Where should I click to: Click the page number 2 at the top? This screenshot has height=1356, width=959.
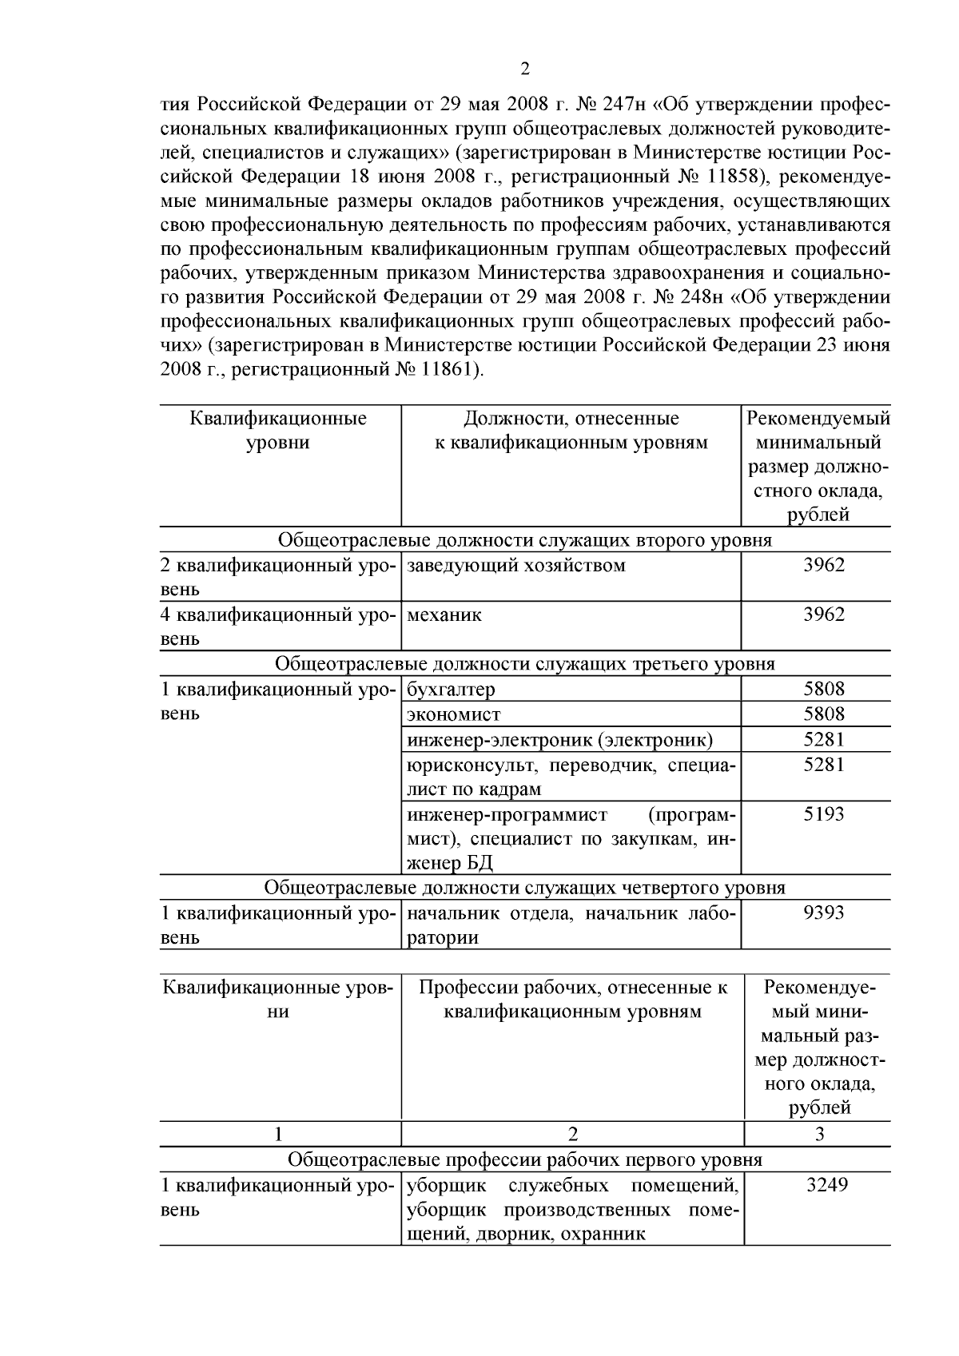click(x=524, y=69)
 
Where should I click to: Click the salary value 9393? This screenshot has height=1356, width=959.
click(x=823, y=913)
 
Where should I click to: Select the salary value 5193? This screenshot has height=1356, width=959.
click(x=823, y=814)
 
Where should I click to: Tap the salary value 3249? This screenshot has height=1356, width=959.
click(x=826, y=1184)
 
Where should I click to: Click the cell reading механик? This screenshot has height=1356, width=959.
click(x=445, y=614)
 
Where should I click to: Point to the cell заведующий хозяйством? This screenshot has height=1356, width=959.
click(x=516, y=566)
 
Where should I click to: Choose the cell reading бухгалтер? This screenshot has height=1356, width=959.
click(x=451, y=689)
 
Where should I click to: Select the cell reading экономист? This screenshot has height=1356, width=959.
click(x=453, y=714)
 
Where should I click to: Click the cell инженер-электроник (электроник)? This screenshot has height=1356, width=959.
click(x=559, y=740)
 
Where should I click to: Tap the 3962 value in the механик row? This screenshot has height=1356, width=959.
click(x=823, y=614)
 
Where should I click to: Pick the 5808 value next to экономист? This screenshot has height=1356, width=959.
click(x=823, y=714)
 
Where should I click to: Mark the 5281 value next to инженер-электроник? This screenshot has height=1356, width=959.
click(x=823, y=739)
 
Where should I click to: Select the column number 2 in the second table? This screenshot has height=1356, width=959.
click(x=572, y=1134)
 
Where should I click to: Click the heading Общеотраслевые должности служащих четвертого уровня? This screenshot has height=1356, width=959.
click(x=524, y=888)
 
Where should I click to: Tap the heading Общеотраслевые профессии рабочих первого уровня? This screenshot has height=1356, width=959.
click(x=524, y=1159)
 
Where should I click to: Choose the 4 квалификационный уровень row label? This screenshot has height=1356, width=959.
click(x=278, y=615)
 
